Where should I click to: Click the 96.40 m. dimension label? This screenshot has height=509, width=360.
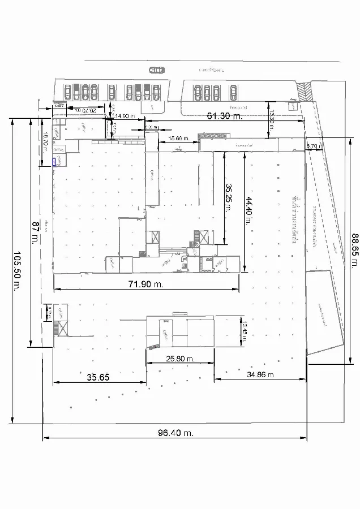pos(175,433)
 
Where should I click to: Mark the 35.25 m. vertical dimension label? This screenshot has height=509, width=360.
pos(228,197)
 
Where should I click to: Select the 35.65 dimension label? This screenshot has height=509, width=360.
pos(98,377)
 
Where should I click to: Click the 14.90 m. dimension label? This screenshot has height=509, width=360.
pos(125,116)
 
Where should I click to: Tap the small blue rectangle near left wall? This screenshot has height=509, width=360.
pos(54,162)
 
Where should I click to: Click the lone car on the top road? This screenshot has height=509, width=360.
pos(156,70)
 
